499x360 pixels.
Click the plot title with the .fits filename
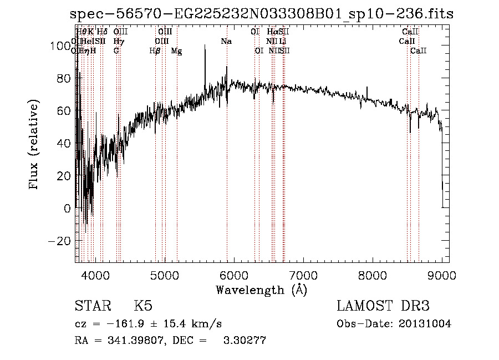click(262, 14)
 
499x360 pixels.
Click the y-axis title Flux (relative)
click(34, 145)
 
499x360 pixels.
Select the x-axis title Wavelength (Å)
click(261, 290)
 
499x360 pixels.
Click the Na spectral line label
click(226, 42)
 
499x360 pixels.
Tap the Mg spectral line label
click(176, 51)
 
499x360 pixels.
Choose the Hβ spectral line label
click(155, 51)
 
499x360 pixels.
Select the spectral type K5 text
click(143, 306)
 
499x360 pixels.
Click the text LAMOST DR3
click(383, 306)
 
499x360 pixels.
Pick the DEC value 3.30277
click(244, 341)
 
